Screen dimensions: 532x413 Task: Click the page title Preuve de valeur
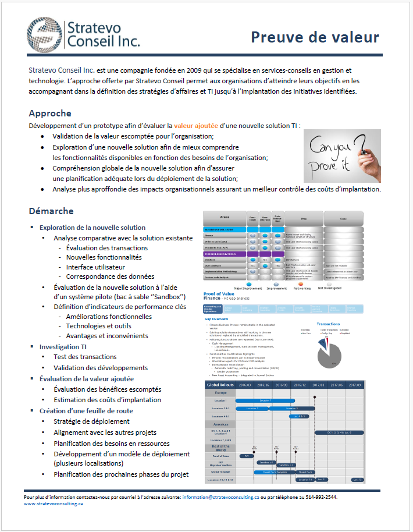[x=315, y=37]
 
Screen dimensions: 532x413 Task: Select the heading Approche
[x=50, y=113]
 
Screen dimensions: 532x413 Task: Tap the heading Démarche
[x=51, y=211]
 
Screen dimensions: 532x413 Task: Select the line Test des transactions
[x=85, y=357]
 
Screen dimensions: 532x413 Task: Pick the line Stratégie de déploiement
[x=91, y=421]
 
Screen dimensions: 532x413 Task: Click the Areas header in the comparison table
[x=224, y=217]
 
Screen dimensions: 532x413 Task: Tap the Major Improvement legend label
[x=231, y=288]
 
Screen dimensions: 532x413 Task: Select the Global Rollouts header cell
[x=220, y=385]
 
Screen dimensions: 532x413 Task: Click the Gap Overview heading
[x=215, y=320]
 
